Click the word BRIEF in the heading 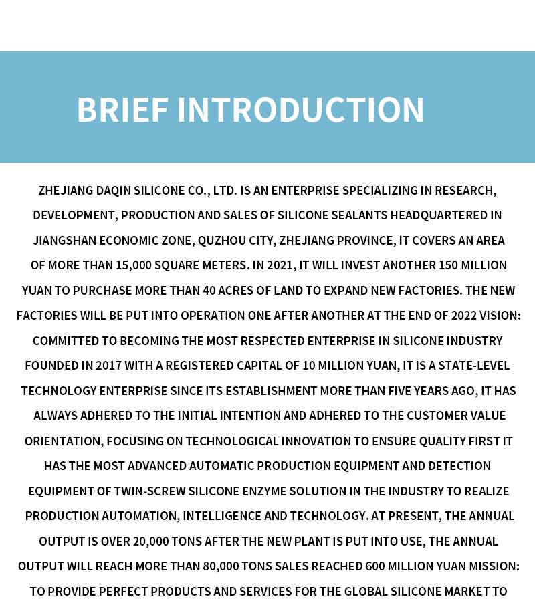[x=122, y=110]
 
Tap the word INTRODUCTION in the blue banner [x=300, y=110]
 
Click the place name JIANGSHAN [x=62, y=241]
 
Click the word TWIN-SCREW [x=151, y=491]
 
